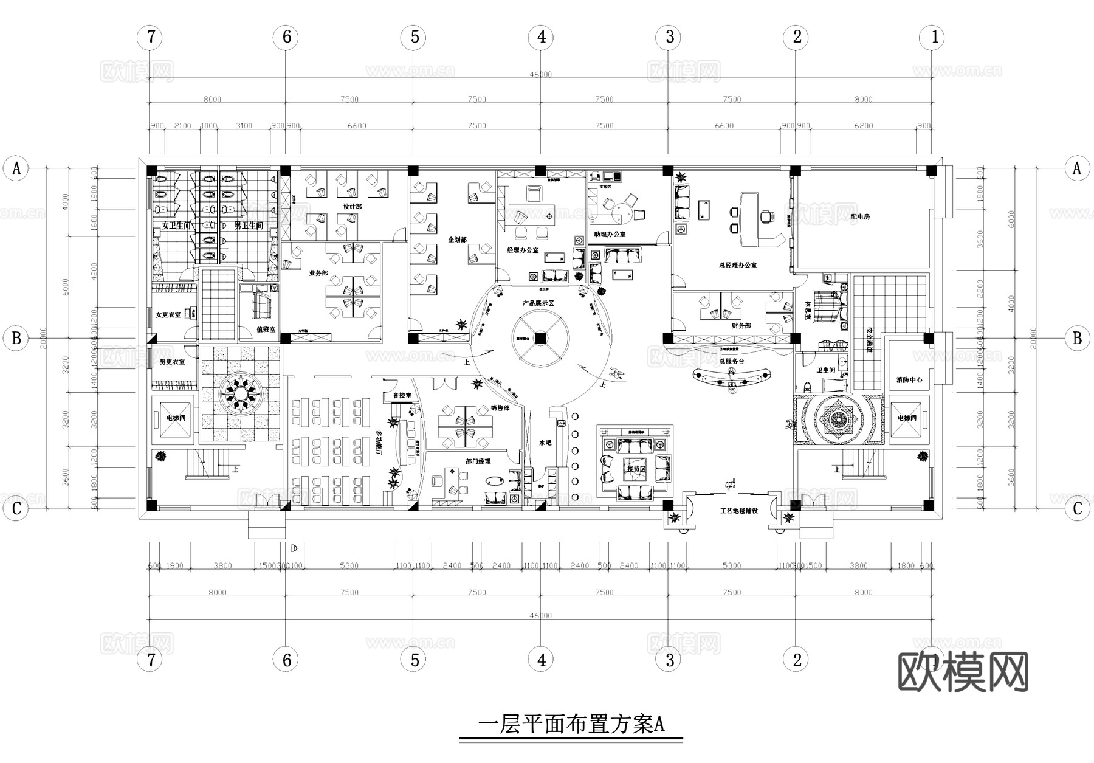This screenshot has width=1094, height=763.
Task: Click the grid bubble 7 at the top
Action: (150, 37)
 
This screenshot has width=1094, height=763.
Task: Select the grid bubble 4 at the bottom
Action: (541, 659)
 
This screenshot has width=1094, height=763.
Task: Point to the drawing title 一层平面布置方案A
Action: (571, 724)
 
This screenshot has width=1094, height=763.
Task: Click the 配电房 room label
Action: (859, 216)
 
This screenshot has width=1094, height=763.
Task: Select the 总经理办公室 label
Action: (737, 265)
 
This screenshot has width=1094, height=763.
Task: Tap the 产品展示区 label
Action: (538, 303)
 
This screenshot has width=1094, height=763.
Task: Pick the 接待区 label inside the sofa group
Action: (635, 469)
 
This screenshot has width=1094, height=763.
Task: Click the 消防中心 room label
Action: (909, 379)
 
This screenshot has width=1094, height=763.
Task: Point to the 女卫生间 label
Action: (176, 226)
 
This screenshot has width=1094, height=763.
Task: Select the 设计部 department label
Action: (352, 207)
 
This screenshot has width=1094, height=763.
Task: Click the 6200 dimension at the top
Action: (863, 126)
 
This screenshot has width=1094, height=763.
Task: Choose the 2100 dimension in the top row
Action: (182, 126)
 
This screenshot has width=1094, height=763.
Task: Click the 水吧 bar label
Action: (545, 443)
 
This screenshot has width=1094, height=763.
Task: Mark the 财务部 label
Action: (741, 326)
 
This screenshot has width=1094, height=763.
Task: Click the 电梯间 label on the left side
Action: (176, 418)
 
